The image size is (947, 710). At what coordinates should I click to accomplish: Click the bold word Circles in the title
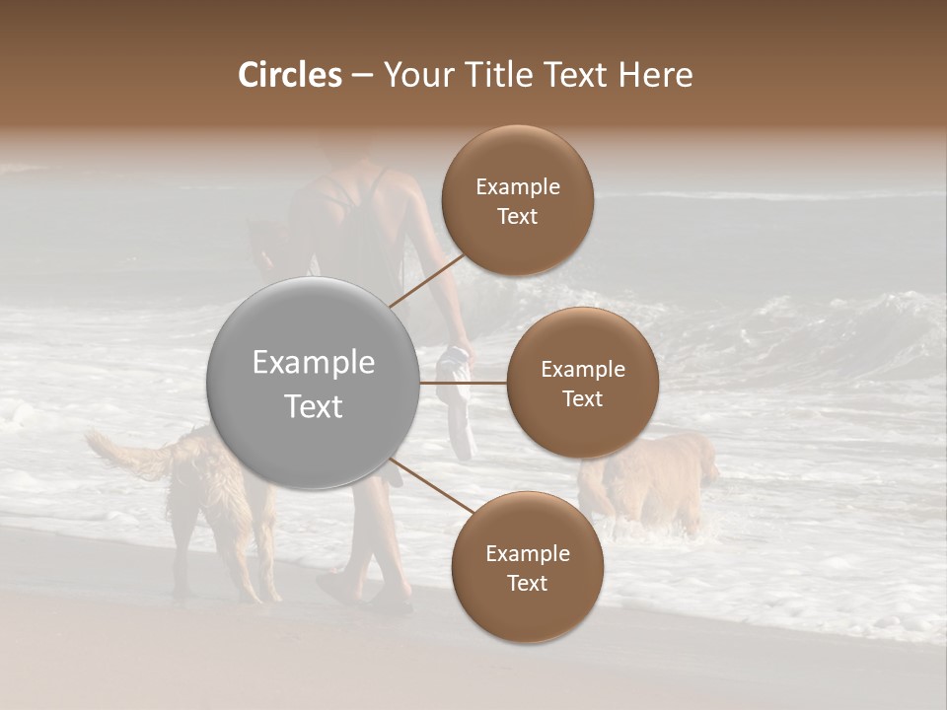[289, 75]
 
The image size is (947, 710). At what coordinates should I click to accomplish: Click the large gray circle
[314, 383]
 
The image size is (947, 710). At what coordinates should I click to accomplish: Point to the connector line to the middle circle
[464, 383]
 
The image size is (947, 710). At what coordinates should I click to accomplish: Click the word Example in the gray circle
[314, 363]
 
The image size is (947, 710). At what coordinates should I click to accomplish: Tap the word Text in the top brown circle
[517, 216]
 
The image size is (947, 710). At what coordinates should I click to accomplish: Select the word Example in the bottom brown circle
[527, 553]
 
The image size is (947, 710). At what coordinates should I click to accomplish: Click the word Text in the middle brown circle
[582, 398]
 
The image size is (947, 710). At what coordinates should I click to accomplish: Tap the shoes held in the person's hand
[457, 394]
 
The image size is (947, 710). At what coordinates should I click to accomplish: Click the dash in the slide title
[361, 75]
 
